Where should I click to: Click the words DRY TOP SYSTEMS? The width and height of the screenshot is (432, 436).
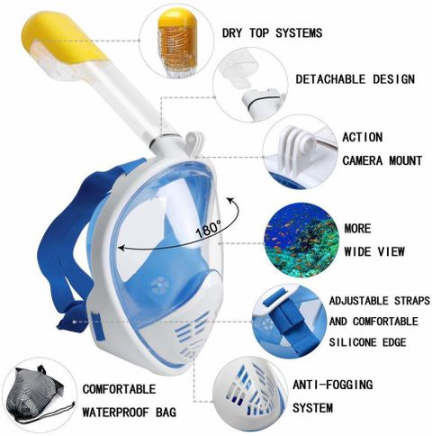click(x=272, y=33)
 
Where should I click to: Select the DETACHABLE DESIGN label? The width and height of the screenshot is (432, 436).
click(x=355, y=79)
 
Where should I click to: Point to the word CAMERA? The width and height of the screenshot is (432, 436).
click(x=363, y=160)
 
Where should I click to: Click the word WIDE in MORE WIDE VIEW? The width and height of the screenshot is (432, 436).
click(x=358, y=251)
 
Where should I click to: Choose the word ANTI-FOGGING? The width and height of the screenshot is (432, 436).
click(x=333, y=385)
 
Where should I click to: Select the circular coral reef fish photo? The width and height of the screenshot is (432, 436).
click(x=301, y=241)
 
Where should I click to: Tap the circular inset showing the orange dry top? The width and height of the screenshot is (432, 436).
click(x=177, y=42)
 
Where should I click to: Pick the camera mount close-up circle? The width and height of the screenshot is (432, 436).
click(x=300, y=152)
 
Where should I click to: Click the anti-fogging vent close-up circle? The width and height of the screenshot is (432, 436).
click(x=250, y=394)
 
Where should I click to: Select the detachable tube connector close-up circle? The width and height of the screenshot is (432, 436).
click(x=251, y=85)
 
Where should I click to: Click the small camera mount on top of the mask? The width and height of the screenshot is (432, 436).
click(x=193, y=141)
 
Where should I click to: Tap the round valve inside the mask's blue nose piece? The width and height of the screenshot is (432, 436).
click(x=159, y=286)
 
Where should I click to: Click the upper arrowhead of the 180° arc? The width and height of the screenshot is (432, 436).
click(x=230, y=200)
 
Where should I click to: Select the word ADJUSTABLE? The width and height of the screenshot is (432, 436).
click(x=358, y=301)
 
